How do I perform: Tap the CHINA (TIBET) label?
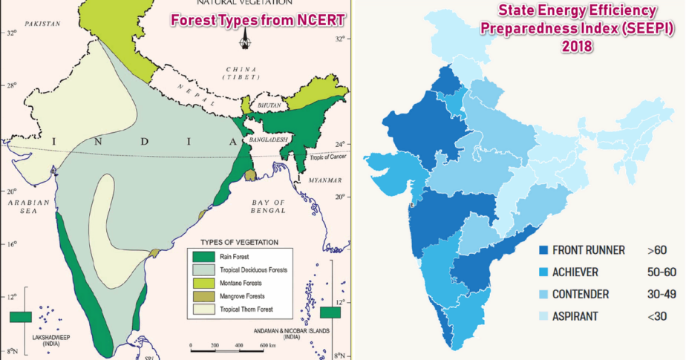click(247, 74)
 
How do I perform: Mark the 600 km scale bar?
click(231, 344)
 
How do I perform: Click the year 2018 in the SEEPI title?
click(576, 45)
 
